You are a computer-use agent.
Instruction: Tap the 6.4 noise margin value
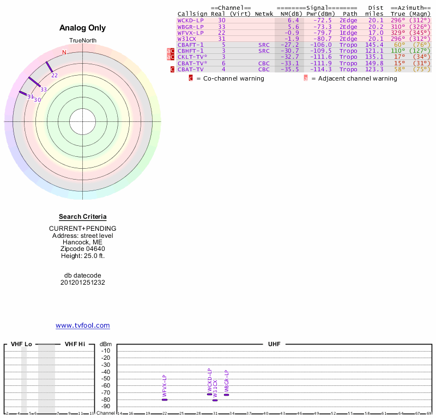click(293, 20)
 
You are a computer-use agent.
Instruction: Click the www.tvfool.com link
click(82, 325)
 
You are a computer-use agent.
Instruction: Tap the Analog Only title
click(82, 28)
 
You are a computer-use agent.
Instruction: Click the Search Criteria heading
click(82, 217)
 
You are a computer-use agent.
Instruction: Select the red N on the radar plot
click(64, 53)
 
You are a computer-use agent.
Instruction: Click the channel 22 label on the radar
click(55, 76)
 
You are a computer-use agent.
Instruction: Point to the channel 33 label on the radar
click(44, 89)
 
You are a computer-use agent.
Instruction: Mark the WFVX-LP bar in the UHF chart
click(165, 399)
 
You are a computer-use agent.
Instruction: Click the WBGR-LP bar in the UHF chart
click(227, 395)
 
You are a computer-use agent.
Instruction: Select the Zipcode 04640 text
click(82, 248)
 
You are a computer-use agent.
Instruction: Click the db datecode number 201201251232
click(82, 282)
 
